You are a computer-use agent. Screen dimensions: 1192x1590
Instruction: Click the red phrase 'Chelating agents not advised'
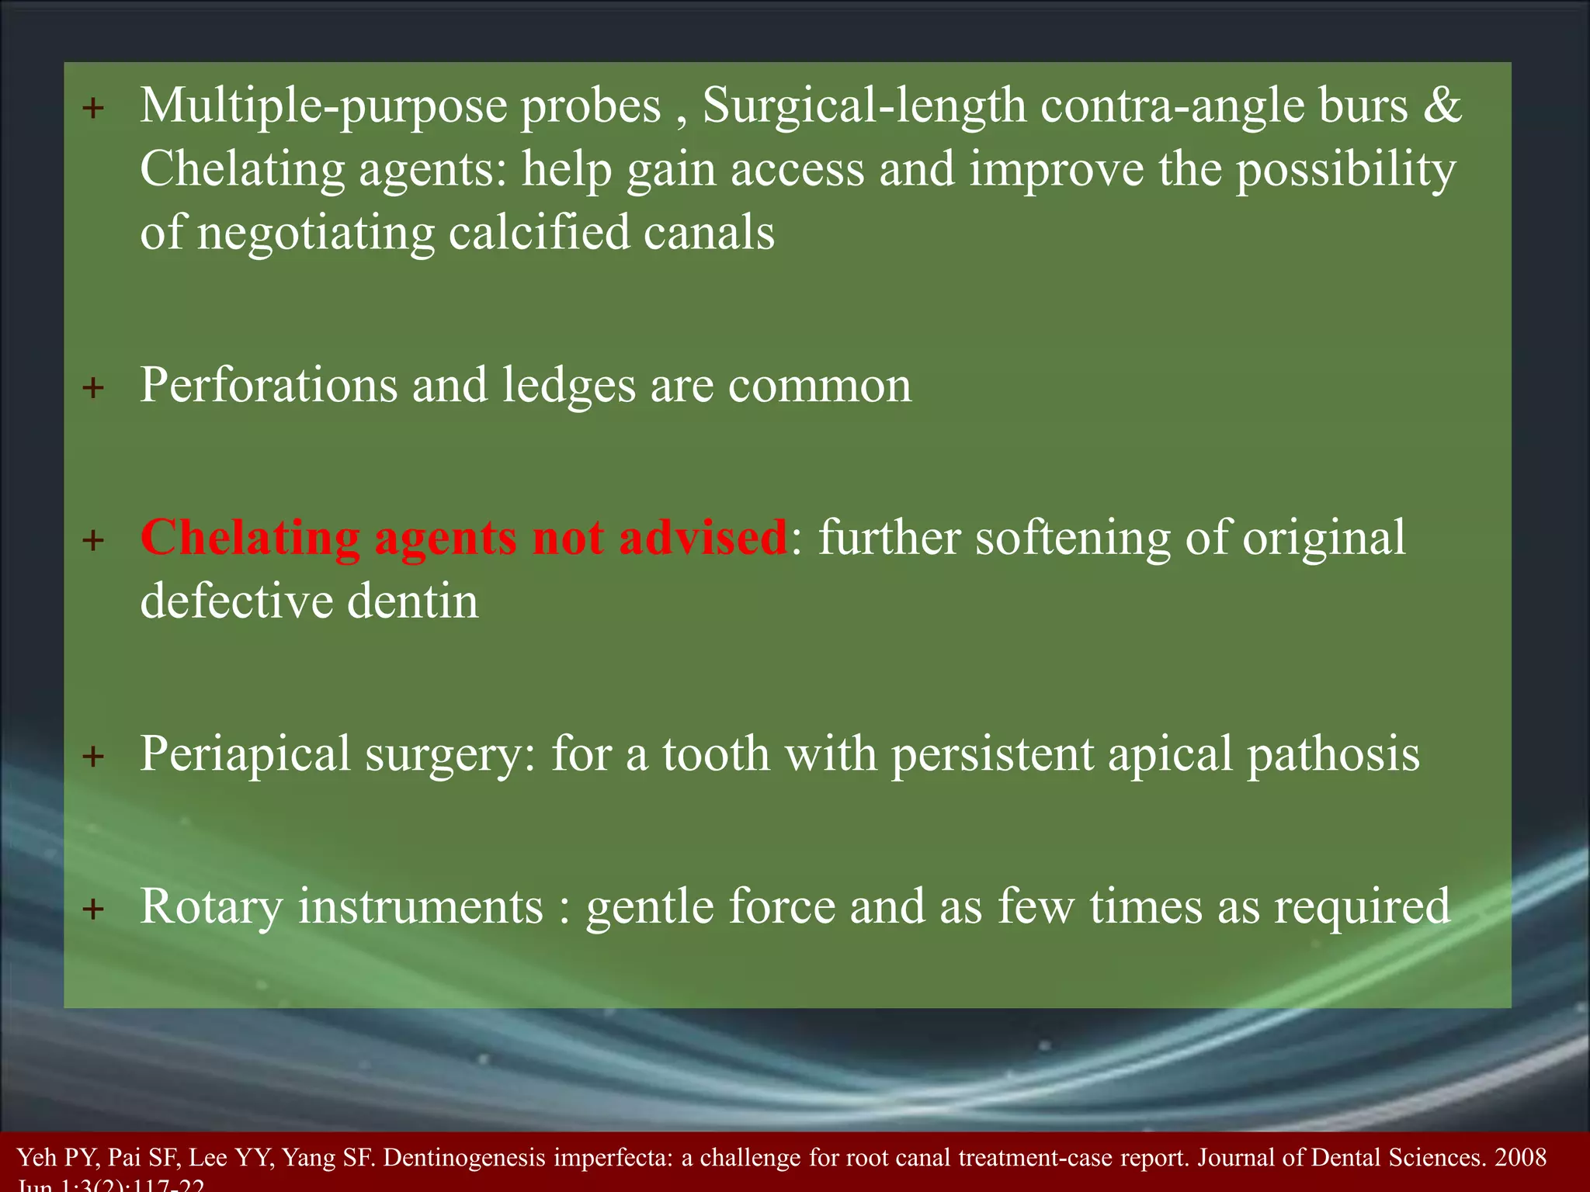[463, 537]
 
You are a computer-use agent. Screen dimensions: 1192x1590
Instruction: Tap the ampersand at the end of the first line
[1442, 106]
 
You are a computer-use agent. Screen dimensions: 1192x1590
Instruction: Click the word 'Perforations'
[269, 385]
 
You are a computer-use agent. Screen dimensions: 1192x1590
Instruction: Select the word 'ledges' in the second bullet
[568, 385]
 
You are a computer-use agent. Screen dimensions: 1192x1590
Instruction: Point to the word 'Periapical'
[245, 754]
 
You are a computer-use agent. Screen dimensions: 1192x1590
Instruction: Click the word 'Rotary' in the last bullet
[211, 906]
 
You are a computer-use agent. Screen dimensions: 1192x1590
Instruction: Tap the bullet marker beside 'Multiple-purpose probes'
[93, 109]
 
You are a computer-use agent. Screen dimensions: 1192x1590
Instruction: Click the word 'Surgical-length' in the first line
[863, 106]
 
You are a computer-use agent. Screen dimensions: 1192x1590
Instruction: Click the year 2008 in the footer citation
[1520, 1157]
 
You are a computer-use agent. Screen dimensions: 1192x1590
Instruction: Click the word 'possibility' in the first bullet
[1345, 169]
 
